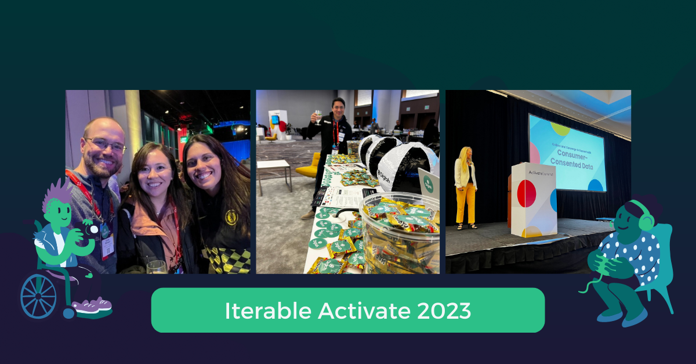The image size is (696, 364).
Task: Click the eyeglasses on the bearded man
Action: (x=106, y=145)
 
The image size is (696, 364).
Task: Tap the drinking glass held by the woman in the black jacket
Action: (x=156, y=266)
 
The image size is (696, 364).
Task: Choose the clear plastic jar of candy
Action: (x=400, y=232)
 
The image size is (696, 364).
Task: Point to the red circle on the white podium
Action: (x=527, y=193)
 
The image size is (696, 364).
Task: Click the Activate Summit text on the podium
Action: (x=533, y=172)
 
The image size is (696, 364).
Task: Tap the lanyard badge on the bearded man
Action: (x=108, y=245)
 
